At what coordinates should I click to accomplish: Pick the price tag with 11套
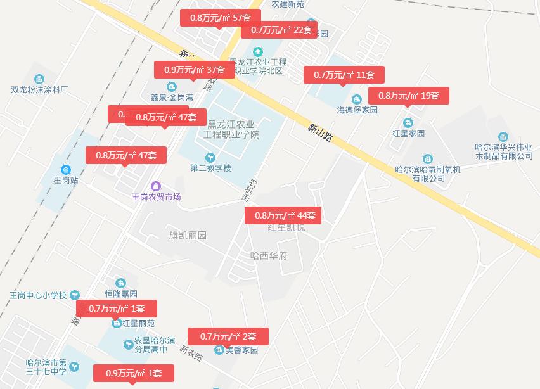pyautogui.click(x=344, y=75)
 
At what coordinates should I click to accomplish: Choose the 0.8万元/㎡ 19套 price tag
pyautogui.click(x=409, y=96)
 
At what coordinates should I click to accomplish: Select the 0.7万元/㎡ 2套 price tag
pyautogui.click(x=228, y=336)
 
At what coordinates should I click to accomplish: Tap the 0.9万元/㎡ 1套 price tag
pyautogui.click(x=134, y=373)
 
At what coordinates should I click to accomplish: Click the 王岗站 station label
pyautogui.click(x=66, y=180)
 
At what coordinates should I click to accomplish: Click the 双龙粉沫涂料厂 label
pyautogui.click(x=40, y=90)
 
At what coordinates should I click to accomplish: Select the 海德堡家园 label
pyautogui.click(x=357, y=110)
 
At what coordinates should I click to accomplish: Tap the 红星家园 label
pyautogui.click(x=408, y=133)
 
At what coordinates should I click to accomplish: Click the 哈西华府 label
pyautogui.click(x=269, y=256)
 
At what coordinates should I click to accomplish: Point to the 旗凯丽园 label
pyautogui.click(x=188, y=235)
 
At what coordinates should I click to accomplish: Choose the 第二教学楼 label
pyautogui.click(x=210, y=168)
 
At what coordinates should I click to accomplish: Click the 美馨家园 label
pyautogui.click(x=241, y=350)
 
